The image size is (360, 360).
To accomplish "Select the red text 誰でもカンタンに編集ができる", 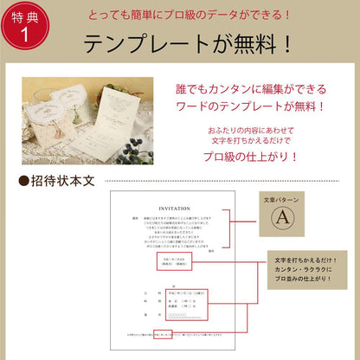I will pyautogui.click(x=261, y=89).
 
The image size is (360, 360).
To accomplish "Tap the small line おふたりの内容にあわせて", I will pyautogui.click(x=261, y=128).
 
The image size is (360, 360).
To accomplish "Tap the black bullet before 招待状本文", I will pyautogui.click(x=23, y=183).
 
